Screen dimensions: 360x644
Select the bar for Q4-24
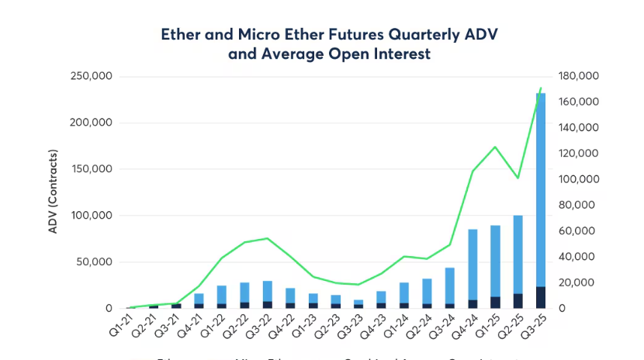coord(473,264)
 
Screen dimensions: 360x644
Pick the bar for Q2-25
coord(518,256)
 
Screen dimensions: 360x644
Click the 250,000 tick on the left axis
coord(92,76)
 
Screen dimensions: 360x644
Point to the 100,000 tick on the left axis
coord(92,216)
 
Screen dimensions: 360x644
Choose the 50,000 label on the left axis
coord(95,262)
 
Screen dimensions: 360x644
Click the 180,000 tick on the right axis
coord(577,76)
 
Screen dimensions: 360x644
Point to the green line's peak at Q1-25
coord(495,147)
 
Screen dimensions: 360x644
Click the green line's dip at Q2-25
coord(518,178)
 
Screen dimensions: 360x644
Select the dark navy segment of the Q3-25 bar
coord(541,298)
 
